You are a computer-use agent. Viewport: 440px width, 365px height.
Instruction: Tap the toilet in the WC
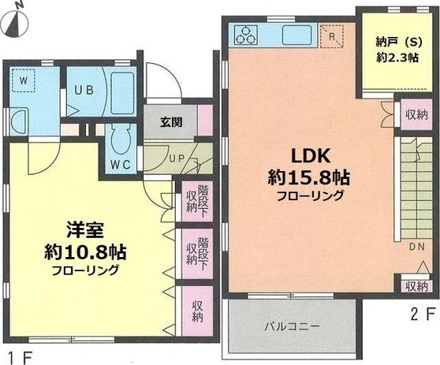tap(121, 140)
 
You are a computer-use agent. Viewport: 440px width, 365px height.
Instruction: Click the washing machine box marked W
tap(24, 80)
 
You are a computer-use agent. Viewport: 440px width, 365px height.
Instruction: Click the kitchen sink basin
tap(297, 35)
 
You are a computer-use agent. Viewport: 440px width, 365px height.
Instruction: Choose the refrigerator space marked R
tap(332, 36)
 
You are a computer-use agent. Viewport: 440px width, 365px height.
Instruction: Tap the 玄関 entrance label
tap(171, 123)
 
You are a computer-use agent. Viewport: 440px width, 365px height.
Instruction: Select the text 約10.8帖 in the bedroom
tap(85, 252)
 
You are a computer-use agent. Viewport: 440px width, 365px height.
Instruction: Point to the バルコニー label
tap(293, 326)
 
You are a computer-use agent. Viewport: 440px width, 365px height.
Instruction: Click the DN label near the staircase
tap(416, 247)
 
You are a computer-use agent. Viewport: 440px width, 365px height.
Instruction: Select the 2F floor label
tap(423, 314)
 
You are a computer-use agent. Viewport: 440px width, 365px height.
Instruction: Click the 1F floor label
tap(21, 357)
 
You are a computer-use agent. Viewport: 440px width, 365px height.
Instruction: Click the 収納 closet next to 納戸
tap(416, 114)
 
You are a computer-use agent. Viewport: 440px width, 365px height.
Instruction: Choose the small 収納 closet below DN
tap(416, 286)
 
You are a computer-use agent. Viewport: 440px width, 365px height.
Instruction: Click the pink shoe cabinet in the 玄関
tap(205, 120)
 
